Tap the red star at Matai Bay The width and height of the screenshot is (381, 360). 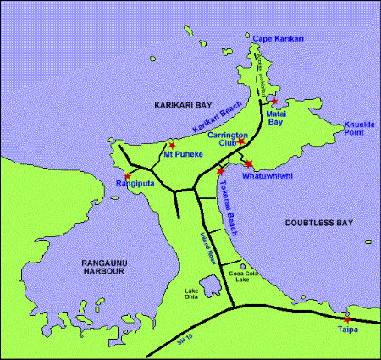273,102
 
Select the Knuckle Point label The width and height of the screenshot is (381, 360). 358,129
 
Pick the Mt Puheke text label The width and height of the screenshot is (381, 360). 183,156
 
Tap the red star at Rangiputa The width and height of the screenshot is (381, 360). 126,175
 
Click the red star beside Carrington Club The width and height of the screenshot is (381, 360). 240,141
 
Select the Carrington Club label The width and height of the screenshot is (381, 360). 228,139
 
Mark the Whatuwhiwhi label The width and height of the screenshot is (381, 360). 267,175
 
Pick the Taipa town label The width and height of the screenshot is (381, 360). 348,329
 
